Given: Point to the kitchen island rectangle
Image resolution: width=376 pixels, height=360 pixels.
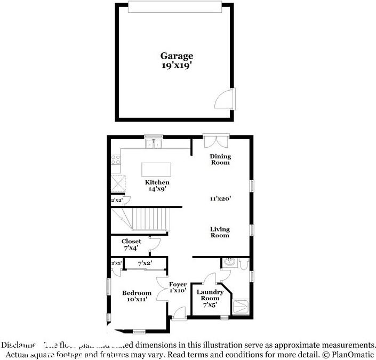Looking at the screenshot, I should [x=156, y=170].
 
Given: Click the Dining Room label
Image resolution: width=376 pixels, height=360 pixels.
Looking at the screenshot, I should [x=220, y=159].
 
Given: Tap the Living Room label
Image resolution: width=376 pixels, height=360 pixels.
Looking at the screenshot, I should [x=219, y=232].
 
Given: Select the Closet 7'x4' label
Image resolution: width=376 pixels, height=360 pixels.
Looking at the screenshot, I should [x=131, y=245].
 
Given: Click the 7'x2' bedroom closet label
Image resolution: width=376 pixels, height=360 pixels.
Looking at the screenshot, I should [x=145, y=263].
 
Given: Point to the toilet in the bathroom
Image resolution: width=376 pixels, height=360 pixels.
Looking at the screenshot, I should [x=243, y=263].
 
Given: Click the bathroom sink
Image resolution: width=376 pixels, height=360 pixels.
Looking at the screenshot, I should [x=229, y=262].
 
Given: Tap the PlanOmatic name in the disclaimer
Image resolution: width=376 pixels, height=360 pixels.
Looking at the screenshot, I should [x=351, y=354].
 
